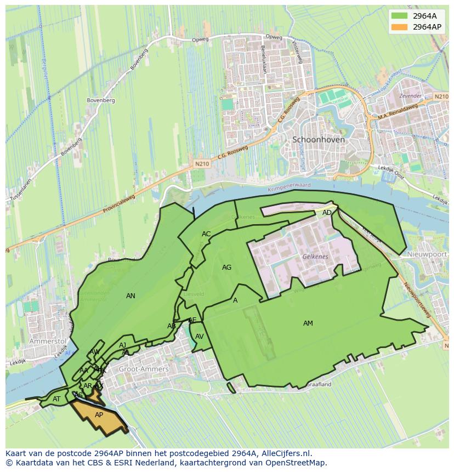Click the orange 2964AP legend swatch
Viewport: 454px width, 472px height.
(x=399, y=27)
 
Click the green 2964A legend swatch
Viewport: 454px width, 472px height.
(x=399, y=15)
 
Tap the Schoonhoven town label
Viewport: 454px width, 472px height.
(x=319, y=140)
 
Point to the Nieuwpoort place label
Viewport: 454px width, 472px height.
(x=427, y=255)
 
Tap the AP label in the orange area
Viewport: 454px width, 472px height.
(x=99, y=415)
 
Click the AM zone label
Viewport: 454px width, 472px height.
(x=308, y=323)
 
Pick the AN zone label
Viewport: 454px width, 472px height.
(x=130, y=296)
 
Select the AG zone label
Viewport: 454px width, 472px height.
(x=226, y=268)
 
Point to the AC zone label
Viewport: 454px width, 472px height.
(x=206, y=234)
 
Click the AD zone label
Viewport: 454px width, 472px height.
(x=327, y=213)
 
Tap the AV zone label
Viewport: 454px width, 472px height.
(x=200, y=337)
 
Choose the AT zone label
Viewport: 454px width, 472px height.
(x=56, y=399)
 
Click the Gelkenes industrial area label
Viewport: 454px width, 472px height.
(x=315, y=257)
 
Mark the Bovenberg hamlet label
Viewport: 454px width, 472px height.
(x=101, y=100)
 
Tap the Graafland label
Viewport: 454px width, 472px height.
(x=319, y=385)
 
